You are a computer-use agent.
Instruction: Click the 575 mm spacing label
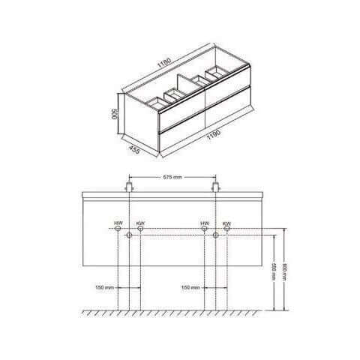172,178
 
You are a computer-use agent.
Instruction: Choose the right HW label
205,223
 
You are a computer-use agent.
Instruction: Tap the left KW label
140,223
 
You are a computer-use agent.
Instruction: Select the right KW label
226,223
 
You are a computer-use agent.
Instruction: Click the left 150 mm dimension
105,287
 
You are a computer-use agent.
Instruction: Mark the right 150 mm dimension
190,287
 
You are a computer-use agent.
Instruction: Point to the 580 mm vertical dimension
274,271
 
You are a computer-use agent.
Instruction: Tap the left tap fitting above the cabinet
130,184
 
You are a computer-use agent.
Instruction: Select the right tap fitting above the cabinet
216,184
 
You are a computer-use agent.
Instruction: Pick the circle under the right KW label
226,235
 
